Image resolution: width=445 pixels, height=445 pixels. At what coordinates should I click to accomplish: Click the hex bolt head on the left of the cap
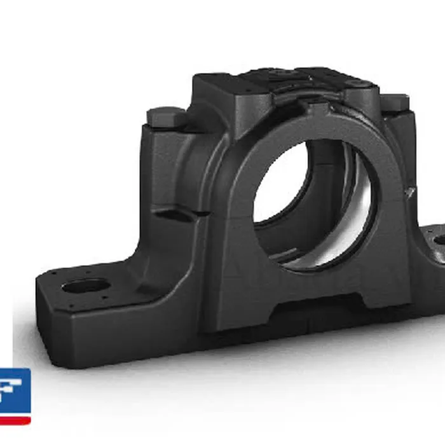pyautogui.click(x=166, y=117)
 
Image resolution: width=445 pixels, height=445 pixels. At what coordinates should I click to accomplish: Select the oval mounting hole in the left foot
pyautogui.click(x=86, y=285)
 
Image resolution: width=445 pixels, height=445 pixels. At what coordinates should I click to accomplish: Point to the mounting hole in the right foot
pyautogui.click(x=439, y=240)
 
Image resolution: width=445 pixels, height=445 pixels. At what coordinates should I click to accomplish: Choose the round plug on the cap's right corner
pyautogui.click(x=357, y=83)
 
